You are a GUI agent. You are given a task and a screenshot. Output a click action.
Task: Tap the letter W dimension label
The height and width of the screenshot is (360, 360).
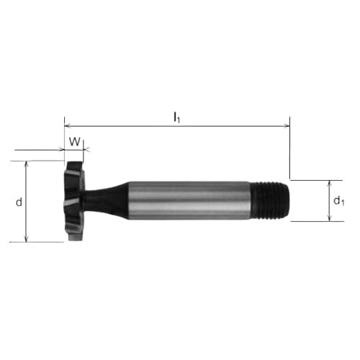(73, 141)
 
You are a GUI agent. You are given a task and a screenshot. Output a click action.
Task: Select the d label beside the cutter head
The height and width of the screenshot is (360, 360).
(19, 202)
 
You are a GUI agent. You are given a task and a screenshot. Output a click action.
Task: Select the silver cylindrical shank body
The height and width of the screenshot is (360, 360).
(191, 200)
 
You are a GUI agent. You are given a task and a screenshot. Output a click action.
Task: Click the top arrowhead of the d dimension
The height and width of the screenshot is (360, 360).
(27, 163)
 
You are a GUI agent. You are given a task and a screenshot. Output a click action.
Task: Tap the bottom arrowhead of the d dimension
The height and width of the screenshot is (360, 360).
(27, 239)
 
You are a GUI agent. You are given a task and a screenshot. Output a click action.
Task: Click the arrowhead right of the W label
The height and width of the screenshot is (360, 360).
(86, 150)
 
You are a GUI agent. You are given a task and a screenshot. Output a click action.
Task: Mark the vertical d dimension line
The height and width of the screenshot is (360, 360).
(27, 216)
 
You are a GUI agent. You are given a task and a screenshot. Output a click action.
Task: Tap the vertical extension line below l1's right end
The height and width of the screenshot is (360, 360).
(290, 155)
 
